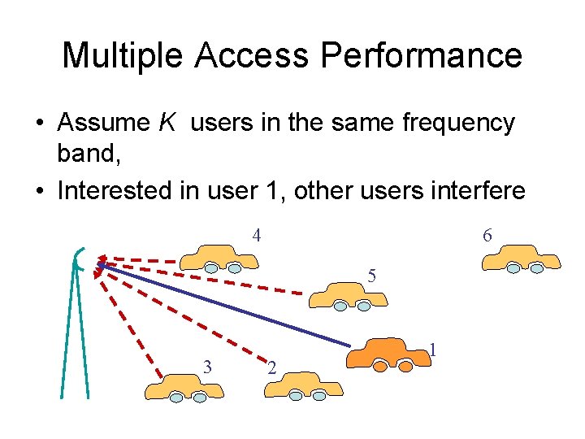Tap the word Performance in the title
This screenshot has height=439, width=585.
pos(421,55)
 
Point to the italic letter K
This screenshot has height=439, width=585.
pos(166,123)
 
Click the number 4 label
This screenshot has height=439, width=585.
pos(256,236)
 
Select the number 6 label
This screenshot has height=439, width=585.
pos(487,236)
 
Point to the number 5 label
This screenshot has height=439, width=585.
pos(371,276)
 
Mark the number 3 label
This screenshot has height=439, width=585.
pos(207,367)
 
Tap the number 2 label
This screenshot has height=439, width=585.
pos(272,371)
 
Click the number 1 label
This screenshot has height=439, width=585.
pos(435,350)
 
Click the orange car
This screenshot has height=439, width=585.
pos(388,354)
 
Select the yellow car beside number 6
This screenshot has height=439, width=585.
pos(520,259)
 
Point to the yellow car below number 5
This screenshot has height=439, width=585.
pos(348,294)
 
